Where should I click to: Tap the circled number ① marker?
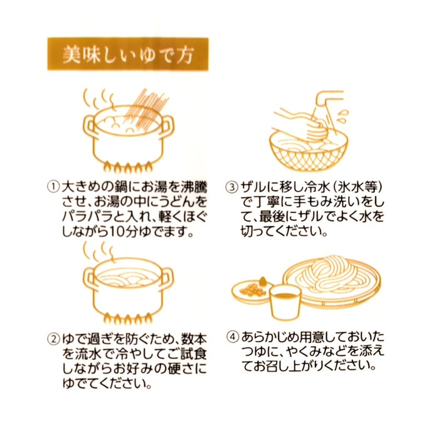pos(53,188)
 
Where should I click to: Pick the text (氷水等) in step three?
pos(356,188)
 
